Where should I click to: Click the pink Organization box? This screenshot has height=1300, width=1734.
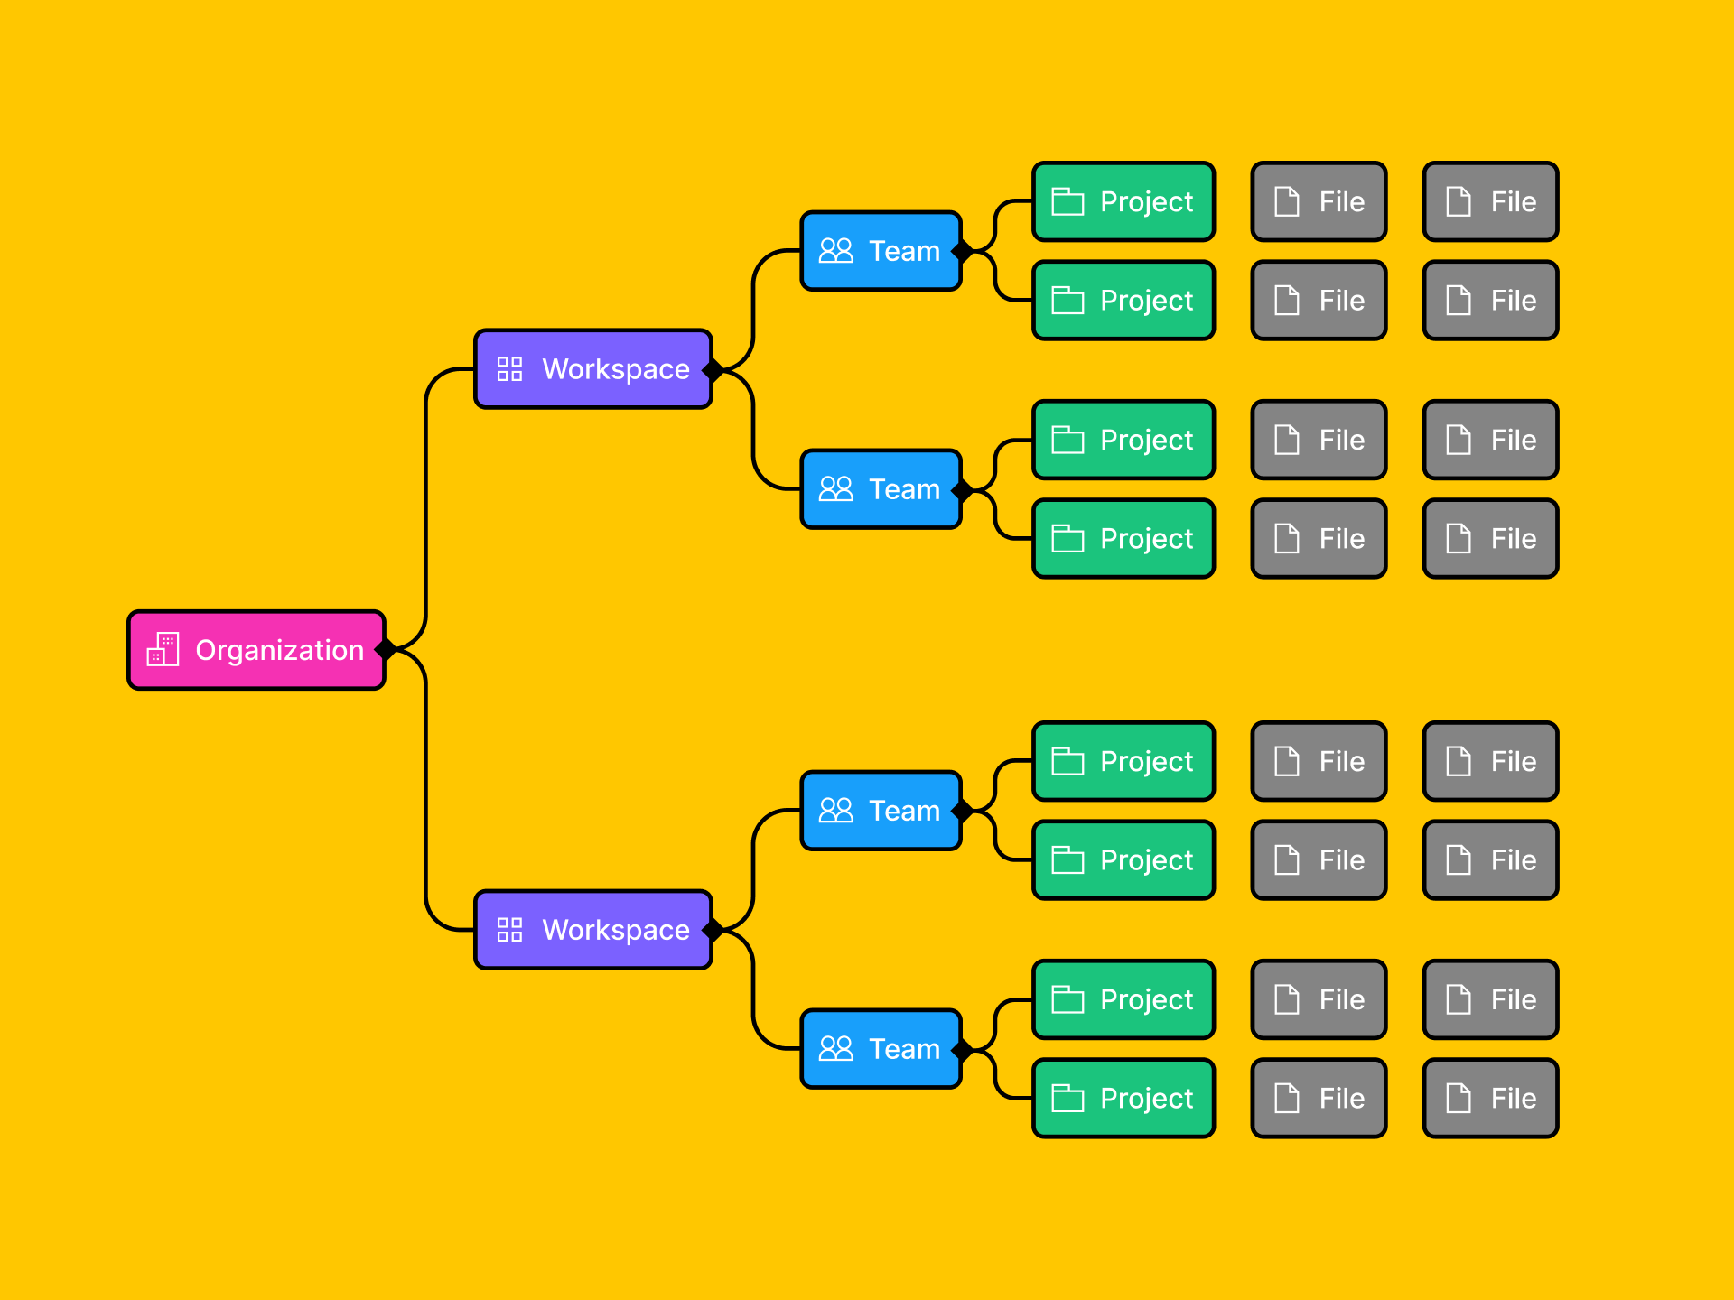256,650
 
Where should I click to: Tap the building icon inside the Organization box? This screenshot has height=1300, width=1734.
163,650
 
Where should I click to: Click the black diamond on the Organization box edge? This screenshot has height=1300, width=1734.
387,649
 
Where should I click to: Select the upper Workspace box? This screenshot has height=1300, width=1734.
592,369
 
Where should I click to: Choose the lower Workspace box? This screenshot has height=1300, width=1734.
592,930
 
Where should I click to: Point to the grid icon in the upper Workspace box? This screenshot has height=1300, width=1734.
509,369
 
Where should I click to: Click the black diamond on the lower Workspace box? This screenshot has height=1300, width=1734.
713,929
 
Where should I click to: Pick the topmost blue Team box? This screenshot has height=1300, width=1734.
881,251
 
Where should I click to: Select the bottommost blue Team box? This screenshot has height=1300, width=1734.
881,1049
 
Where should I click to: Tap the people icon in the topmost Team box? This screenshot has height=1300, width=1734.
835,251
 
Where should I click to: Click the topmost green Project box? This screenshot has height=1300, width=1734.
1123,201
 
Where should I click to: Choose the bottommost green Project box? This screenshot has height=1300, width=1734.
1123,1098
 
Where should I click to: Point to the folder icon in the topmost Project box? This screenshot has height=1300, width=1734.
1067,201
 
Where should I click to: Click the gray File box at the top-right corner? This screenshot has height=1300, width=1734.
1490,201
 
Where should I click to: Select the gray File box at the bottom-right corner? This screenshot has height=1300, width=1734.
1490,1098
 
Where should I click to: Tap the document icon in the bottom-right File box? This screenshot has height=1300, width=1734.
1459,1098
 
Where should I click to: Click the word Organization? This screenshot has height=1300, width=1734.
279,650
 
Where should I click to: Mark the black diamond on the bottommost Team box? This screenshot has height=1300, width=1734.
963,1049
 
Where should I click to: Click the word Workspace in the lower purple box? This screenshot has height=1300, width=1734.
616,930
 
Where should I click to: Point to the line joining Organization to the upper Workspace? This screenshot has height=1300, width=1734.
426,506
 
